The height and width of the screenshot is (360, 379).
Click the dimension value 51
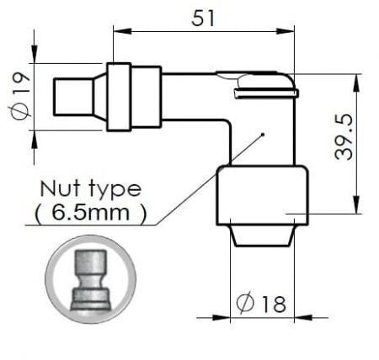coord(203,19)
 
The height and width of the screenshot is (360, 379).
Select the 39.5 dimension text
coord(344,136)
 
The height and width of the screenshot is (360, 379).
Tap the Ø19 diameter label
coord(21,96)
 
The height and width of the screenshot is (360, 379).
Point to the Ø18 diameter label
coord(261,304)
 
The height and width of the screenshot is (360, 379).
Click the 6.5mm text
coord(90,213)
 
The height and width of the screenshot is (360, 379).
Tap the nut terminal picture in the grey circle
coord(91,280)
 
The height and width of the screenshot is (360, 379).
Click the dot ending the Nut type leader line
coord(263,135)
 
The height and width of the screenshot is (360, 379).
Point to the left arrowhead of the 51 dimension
coord(122,30)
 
